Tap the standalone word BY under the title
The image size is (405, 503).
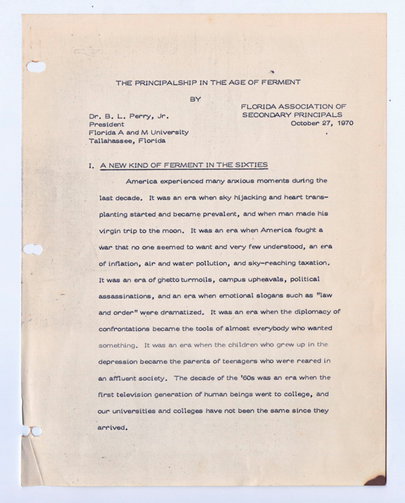click(195, 98)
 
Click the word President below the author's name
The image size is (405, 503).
click(107, 124)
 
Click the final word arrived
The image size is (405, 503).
click(113, 428)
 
